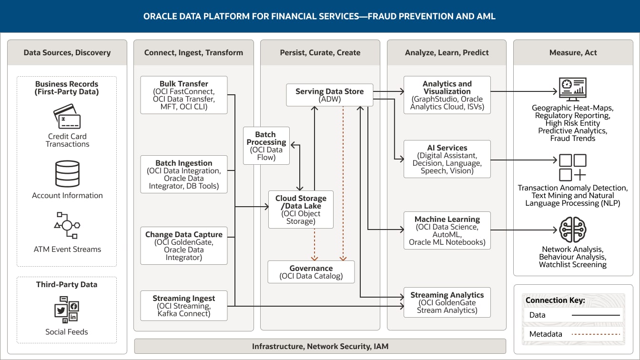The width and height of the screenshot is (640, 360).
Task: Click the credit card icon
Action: [x=67, y=116]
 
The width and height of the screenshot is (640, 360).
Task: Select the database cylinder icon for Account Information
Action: [x=67, y=174]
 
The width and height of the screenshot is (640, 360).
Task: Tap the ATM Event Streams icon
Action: [x=67, y=225]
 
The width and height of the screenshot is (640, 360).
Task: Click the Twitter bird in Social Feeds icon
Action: [x=61, y=310]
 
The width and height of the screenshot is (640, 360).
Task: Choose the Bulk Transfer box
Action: [x=183, y=95]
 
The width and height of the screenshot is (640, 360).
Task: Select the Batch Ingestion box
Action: [x=183, y=174]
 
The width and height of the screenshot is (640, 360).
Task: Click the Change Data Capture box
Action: [x=183, y=246]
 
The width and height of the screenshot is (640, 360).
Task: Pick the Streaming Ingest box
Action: [x=183, y=306]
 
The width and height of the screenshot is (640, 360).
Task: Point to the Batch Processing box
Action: [x=266, y=146]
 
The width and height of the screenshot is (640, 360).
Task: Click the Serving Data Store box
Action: [x=329, y=95]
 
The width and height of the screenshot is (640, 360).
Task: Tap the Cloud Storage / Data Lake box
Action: [x=301, y=210]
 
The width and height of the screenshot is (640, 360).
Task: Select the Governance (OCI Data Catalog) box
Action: [x=311, y=272]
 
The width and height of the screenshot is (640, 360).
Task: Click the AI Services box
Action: [x=447, y=159]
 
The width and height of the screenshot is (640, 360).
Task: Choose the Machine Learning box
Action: [x=447, y=230]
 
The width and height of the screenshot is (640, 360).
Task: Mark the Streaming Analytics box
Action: [x=447, y=302]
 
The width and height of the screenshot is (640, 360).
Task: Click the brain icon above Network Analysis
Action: [x=572, y=230]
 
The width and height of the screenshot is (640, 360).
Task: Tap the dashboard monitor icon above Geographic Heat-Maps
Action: [x=572, y=90]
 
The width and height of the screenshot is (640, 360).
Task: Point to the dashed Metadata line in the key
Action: [x=596, y=334]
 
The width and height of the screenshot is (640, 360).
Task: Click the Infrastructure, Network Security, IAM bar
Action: [x=320, y=346]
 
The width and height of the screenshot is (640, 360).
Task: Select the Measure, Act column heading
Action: [x=573, y=52]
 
